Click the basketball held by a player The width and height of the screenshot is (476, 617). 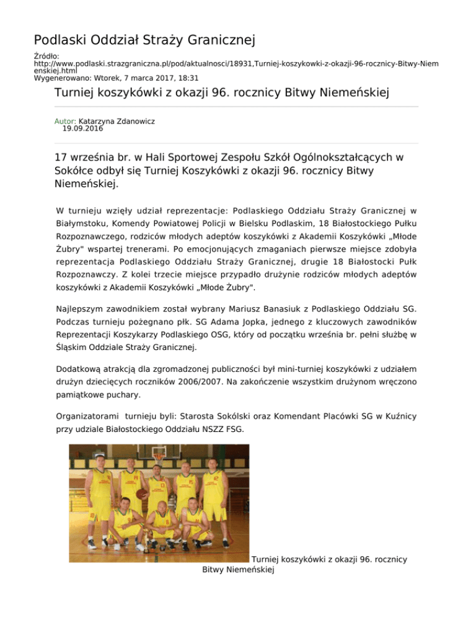point(141,494)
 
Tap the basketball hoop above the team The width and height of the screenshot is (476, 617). point(159,457)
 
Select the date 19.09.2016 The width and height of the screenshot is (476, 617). point(82,129)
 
